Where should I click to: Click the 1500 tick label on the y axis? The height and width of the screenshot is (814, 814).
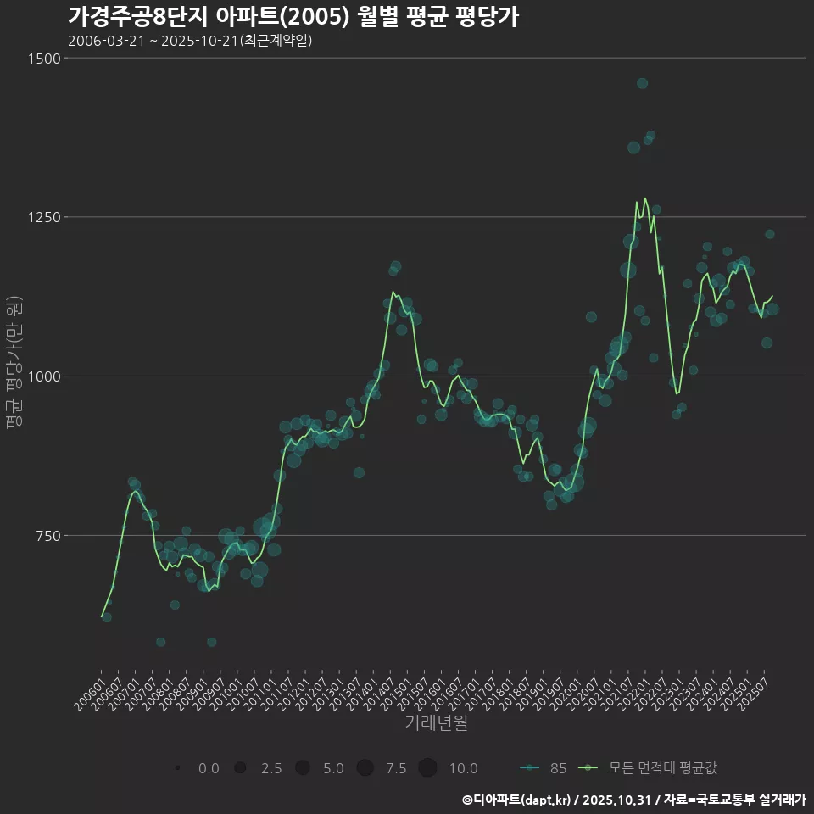45,59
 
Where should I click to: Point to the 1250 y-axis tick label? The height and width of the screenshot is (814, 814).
45,217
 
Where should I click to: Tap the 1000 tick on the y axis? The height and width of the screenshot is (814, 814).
45,376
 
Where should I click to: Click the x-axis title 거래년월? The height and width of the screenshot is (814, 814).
436,723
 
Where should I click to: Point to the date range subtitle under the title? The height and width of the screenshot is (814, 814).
190,41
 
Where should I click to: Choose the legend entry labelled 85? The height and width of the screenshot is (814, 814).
543,768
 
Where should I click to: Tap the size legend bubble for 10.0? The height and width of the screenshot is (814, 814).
427,768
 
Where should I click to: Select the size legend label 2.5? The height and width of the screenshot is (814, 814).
270,768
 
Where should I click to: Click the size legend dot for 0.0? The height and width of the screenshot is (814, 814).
177,768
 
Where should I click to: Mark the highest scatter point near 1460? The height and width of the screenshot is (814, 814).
642,83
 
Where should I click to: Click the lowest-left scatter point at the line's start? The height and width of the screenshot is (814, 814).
107,617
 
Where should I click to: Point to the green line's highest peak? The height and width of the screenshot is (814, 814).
645,198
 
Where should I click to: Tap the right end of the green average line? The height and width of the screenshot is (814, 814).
772,296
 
